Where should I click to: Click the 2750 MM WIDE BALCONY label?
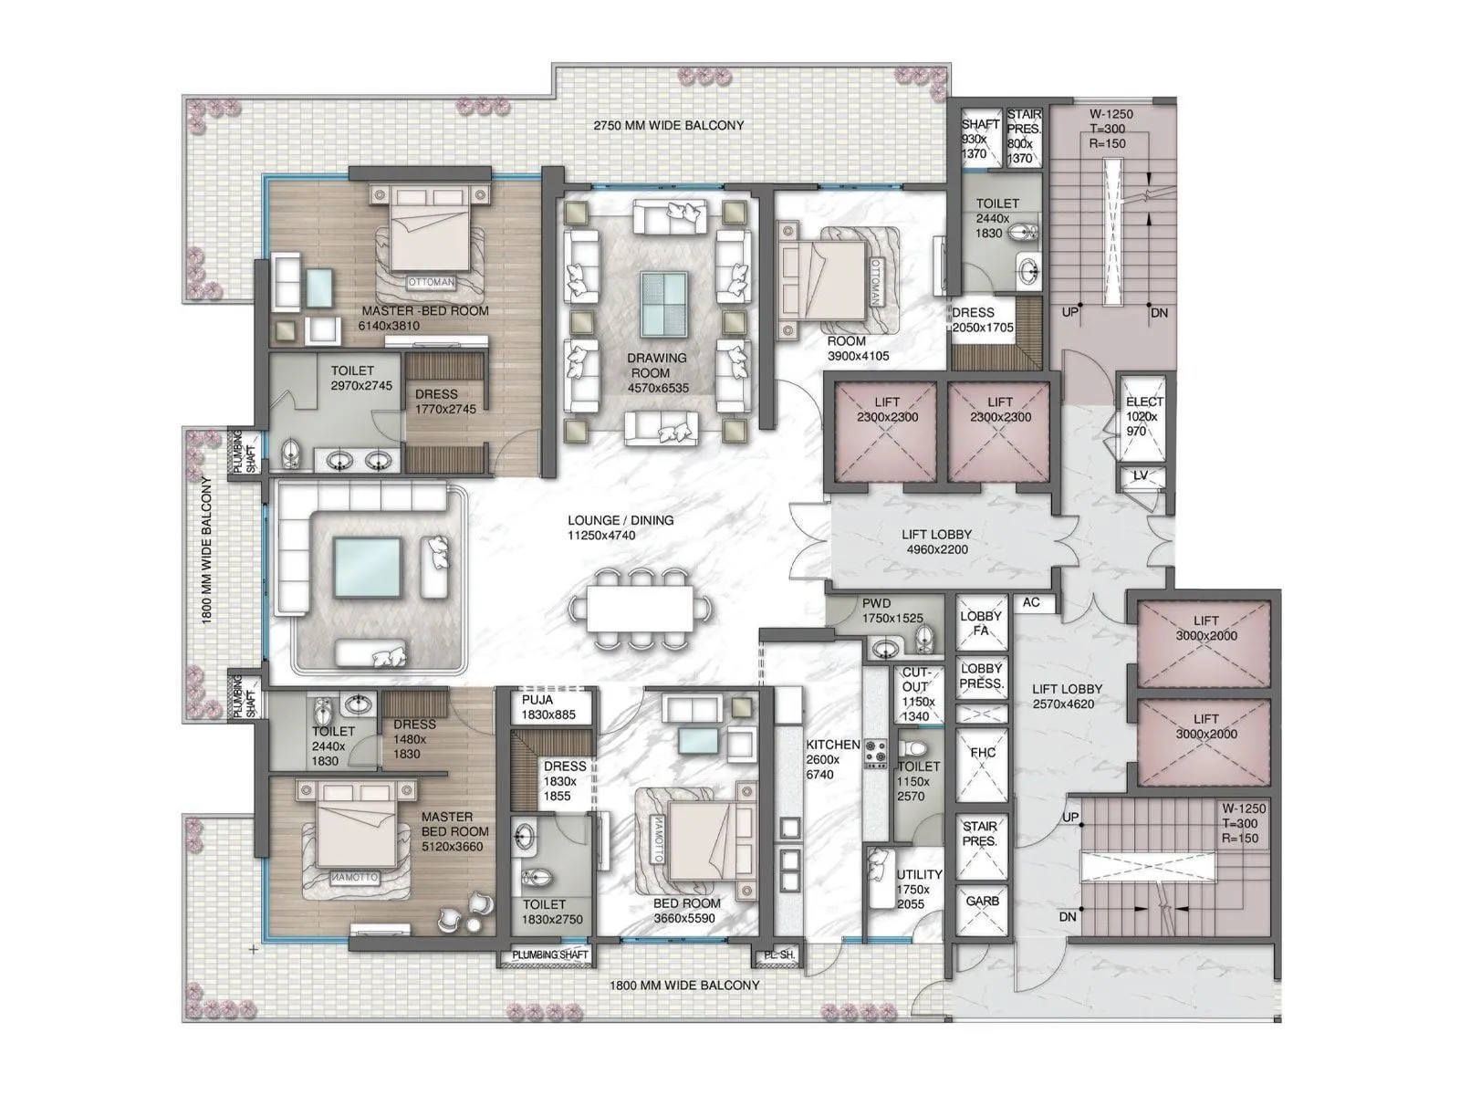(x=668, y=125)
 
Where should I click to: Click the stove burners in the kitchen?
(x=875, y=755)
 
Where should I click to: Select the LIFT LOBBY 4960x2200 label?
(x=936, y=541)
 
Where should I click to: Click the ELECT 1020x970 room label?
(x=1143, y=415)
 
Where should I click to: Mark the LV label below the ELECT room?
(x=1141, y=476)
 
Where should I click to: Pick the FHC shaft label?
(x=982, y=753)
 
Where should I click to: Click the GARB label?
(x=982, y=901)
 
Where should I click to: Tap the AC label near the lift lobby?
(x=1031, y=602)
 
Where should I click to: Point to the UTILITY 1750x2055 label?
(x=912, y=889)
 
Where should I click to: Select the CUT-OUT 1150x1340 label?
(x=916, y=693)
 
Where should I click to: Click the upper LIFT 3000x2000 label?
(x=1205, y=628)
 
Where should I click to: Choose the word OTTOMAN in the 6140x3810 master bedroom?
(x=430, y=282)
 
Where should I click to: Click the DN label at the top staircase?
(x=1159, y=312)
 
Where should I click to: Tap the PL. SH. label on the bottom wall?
(x=776, y=955)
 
